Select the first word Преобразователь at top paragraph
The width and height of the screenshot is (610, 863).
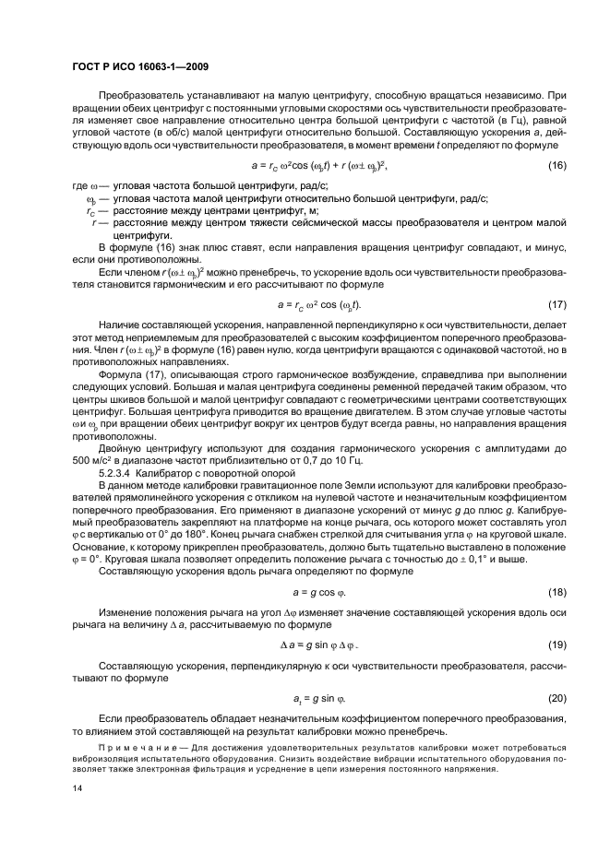point(139,96)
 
